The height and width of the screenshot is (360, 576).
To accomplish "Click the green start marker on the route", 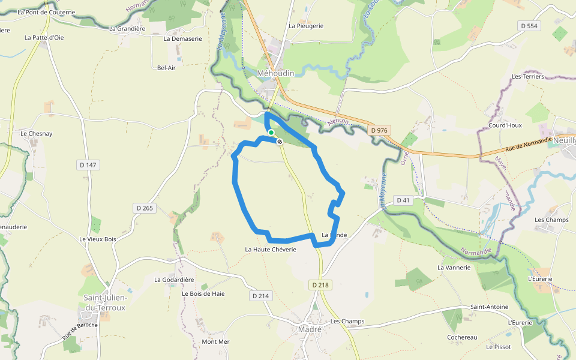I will point(271,133).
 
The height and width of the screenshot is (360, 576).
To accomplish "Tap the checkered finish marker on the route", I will point(280,142).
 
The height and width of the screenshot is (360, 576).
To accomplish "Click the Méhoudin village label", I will point(275,73).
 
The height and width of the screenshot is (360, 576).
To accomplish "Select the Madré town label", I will point(310,329).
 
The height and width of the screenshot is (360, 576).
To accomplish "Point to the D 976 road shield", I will point(380,130).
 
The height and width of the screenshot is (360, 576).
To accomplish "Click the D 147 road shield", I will point(88,165).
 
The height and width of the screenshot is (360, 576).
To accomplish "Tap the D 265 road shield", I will point(145,208).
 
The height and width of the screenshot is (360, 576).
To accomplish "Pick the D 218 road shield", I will point(322,285).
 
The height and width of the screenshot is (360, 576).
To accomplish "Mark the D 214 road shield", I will point(261,296).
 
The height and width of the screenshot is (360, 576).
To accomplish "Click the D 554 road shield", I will point(529,26).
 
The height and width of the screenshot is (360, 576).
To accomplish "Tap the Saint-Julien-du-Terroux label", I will point(104,302).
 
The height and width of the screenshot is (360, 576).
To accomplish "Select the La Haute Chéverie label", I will point(271,249).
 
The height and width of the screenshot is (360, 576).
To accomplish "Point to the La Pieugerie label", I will point(306,26).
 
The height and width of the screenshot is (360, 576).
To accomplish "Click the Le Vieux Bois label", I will point(97,239).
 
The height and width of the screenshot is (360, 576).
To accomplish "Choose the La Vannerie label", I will point(454,267).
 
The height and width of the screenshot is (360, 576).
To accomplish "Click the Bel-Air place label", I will point(166,68).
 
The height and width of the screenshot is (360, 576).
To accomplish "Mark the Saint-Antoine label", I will point(489,307).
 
